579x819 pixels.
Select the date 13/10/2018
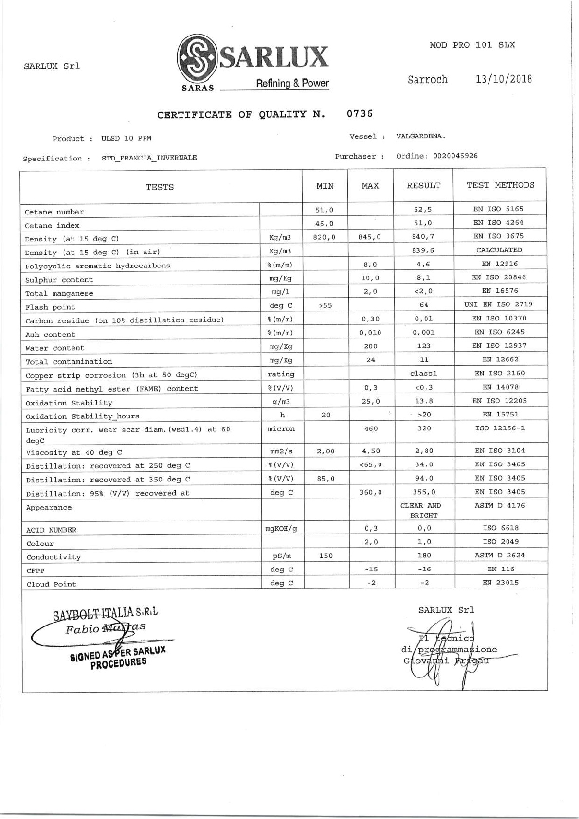pyautogui.click(x=504, y=79)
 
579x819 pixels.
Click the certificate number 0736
pyautogui.click(x=360, y=114)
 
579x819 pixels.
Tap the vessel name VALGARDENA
pyautogui.click(x=421, y=136)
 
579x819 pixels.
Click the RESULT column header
pyautogui.click(x=423, y=186)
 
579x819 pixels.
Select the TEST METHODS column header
pyautogui.click(x=500, y=185)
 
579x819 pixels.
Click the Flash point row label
pyautogui.click(x=50, y=307)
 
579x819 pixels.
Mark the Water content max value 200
pyautogui.click(x=371, y=346)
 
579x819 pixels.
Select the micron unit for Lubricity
pyautogui.click(x=281, y=429)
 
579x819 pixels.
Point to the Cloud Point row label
pyautogui.click(x=51, y=584)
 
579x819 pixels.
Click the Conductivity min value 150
pyautogui.click(x=326, y=556)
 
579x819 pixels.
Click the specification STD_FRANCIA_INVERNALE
pyautogui.click(x=149, y=158)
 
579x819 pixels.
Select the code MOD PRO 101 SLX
pyautogui.click(x=472, y=45)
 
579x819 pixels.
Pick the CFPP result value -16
pyautogui.click(x=423, y=569)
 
